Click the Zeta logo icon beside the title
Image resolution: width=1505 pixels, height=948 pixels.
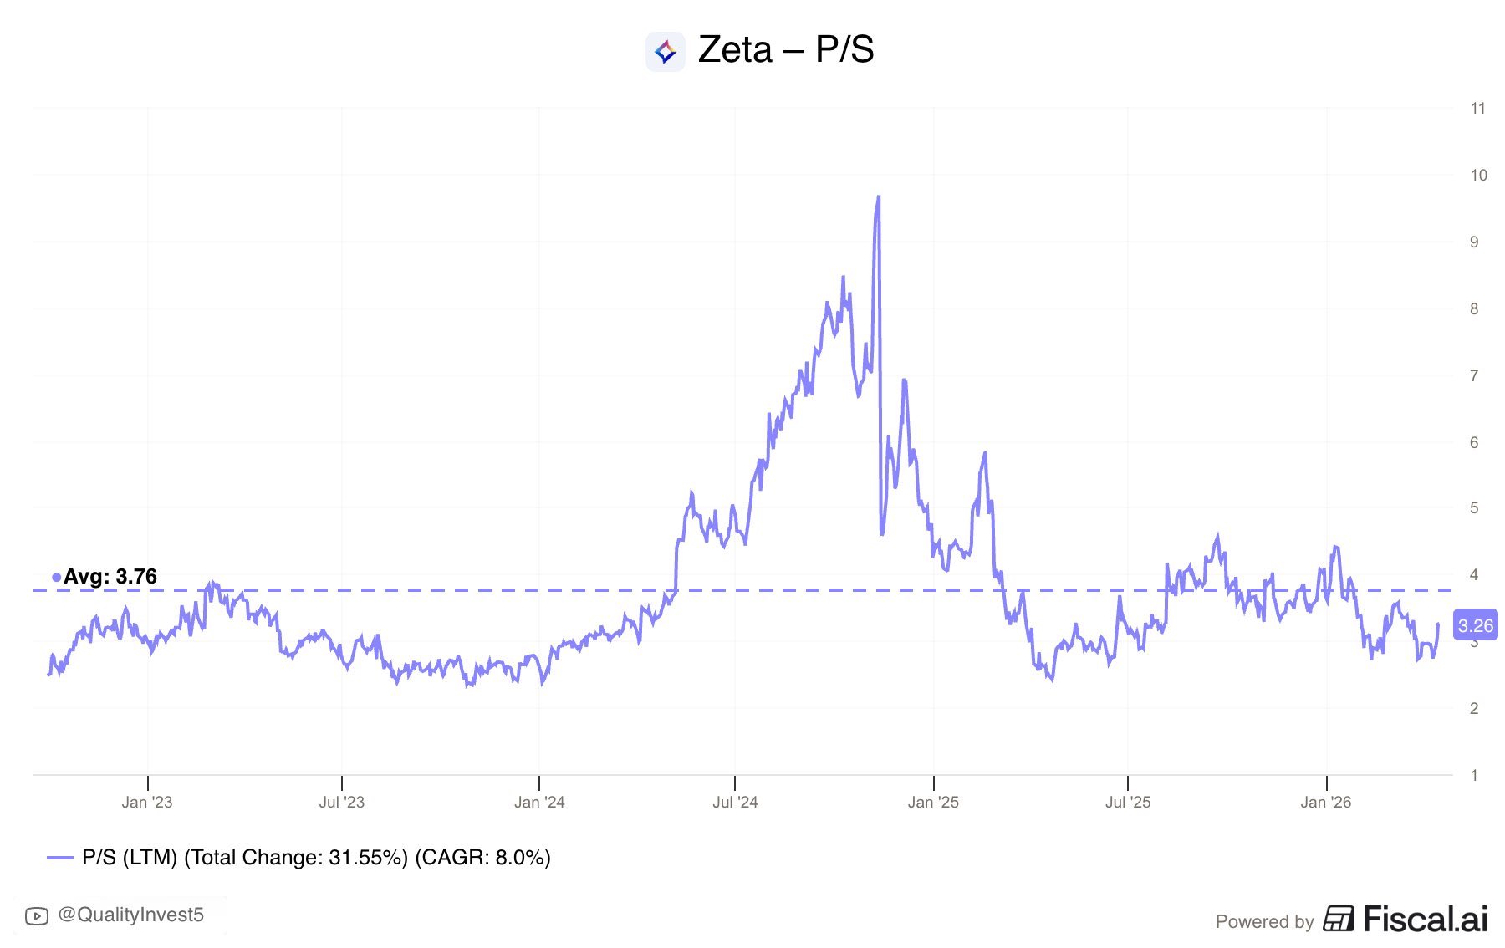coord(666,52)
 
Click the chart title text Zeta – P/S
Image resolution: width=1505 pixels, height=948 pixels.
coord(785,50)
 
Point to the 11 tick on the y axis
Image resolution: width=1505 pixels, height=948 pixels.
coord(1477,108)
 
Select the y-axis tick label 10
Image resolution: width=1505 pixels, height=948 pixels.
coord(1478,175)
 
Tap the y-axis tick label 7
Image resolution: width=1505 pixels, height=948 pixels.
coord(1474,375)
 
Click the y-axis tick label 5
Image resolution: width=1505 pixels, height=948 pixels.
coord(1474,507)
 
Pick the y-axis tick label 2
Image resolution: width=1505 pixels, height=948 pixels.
coord(1474,708)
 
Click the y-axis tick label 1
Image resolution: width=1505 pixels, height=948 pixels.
coord(1474,775)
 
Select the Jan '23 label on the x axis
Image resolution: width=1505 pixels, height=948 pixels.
coord(147,803)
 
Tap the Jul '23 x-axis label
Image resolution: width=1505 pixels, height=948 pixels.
coord(342,803)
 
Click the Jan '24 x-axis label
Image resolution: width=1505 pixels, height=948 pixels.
coord(539,803)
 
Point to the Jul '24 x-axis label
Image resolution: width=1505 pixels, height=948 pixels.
coord(735,803)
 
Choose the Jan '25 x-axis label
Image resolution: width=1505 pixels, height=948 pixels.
coord(933,803)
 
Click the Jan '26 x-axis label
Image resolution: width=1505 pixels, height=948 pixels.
coord(1326,803)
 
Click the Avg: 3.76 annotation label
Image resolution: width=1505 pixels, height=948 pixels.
coord(110,577)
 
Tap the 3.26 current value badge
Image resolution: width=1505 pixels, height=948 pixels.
coord(1475,626)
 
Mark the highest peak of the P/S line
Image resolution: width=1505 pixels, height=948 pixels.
coord(878,197)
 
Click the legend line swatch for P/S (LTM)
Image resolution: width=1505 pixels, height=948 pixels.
coord(60,858)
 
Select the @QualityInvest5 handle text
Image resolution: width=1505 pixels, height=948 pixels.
coord(130,915)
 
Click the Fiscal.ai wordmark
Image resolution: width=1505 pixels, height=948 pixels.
coord(1426,920)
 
